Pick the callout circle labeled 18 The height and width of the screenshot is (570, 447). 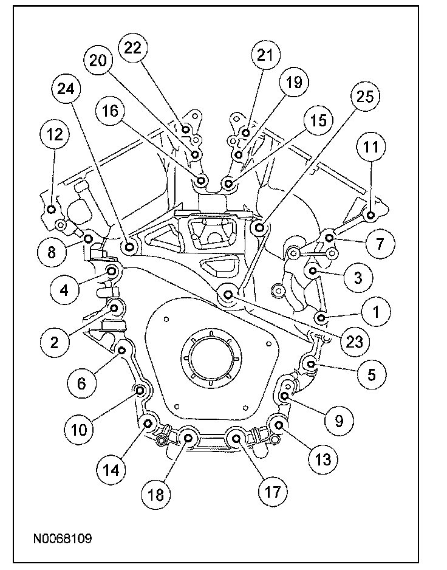coord(156,494)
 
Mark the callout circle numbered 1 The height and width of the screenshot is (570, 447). coord(375,312)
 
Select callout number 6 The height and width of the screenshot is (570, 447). coord(81,382)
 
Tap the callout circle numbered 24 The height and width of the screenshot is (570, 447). coord(66,89)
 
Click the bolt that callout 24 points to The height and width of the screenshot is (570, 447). coord(130,247)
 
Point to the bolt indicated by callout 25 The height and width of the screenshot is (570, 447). coord(260,228)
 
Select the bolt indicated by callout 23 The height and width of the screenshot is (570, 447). coord(228,295)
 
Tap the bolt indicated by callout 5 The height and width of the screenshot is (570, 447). coord(311,365)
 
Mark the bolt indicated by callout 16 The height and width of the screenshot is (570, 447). coord(202,179)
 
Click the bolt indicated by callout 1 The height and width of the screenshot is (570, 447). coord(321,318)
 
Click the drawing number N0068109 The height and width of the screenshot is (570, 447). coord(63,538)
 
